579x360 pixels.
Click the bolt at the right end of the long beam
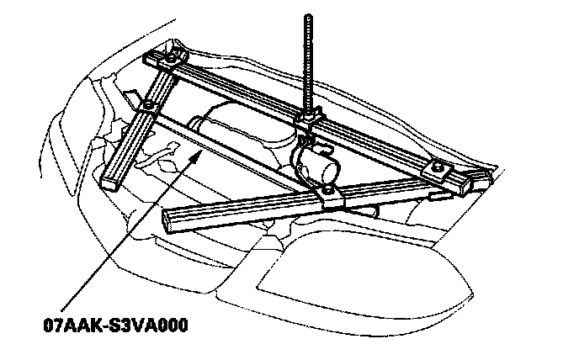pos(439,167)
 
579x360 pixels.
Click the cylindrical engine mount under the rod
pos(315,161)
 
